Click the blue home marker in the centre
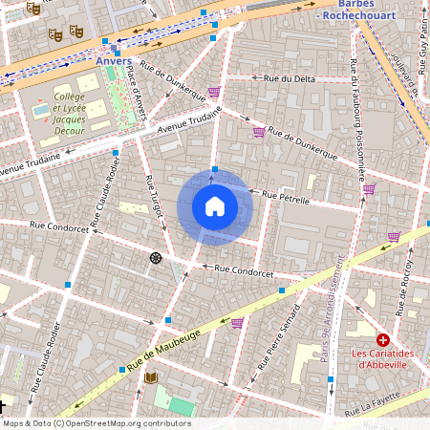(x=214, y=205)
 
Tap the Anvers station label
(x=113, y=61)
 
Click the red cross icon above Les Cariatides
(x=383, y=340)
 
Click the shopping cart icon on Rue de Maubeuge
(x=236, y=323)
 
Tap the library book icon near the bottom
(x=150, y=377)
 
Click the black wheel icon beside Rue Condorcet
(x=155, y=258)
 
